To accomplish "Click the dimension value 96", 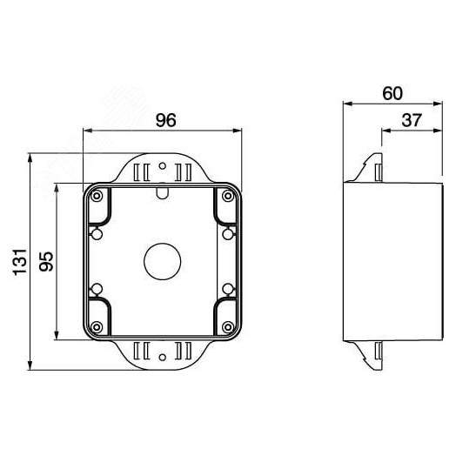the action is (166, 120).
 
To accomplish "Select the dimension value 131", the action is (20, 262).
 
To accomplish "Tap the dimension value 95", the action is (46, 261).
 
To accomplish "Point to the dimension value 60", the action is (392, 93).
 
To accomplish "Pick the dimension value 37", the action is (412, 120).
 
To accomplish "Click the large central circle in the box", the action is (163, 261).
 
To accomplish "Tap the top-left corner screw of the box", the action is (97, 196).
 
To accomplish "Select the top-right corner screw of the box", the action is (228, 196).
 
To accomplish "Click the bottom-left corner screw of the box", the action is (97, 327).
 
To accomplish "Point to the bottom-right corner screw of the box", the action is (228, 327).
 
